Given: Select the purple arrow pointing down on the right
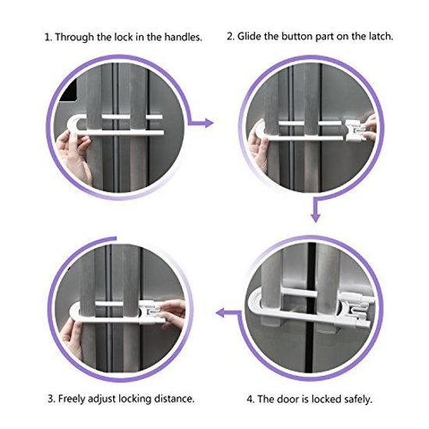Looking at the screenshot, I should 315,209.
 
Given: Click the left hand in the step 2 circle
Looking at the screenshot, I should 257,136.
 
